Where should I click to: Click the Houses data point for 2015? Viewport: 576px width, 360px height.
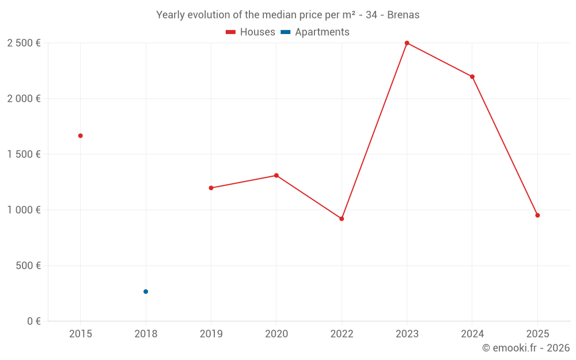[x=81, y=136]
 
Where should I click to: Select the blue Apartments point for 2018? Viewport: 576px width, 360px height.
[x=146, y=291]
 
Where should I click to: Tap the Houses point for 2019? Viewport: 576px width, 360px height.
[x=211, y=188]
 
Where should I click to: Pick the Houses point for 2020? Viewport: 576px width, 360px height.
[x=276, y=176]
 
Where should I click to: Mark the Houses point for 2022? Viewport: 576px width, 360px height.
[x=342, y=219]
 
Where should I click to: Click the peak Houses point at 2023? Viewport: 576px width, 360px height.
[x=407, y=43]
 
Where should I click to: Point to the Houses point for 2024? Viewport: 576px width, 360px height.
[x=472, y=77]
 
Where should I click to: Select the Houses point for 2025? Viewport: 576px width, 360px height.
[x=537, y=215]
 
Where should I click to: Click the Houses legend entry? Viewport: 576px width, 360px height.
[x=251, y=32]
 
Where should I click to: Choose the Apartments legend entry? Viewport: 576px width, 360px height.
[x=315, y=32]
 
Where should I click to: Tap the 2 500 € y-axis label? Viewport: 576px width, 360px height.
[x=24, y=43]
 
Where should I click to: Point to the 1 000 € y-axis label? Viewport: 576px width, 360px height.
[x=24, y=210]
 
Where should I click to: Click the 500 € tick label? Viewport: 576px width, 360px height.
[x=28, y=266]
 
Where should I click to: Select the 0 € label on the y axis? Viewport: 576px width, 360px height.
[x=33, y=321]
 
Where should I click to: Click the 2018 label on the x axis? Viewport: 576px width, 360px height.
[x=146, y=334]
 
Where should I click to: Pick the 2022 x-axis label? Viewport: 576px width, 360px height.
[x=342, y=334]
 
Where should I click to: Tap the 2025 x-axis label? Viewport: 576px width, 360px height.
[x=537, y=334]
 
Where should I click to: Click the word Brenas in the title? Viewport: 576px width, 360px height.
[x=403, y=15]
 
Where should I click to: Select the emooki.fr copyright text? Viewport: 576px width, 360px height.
[x=526, y=348]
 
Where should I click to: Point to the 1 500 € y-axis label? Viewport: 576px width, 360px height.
[x=24, y=154]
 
